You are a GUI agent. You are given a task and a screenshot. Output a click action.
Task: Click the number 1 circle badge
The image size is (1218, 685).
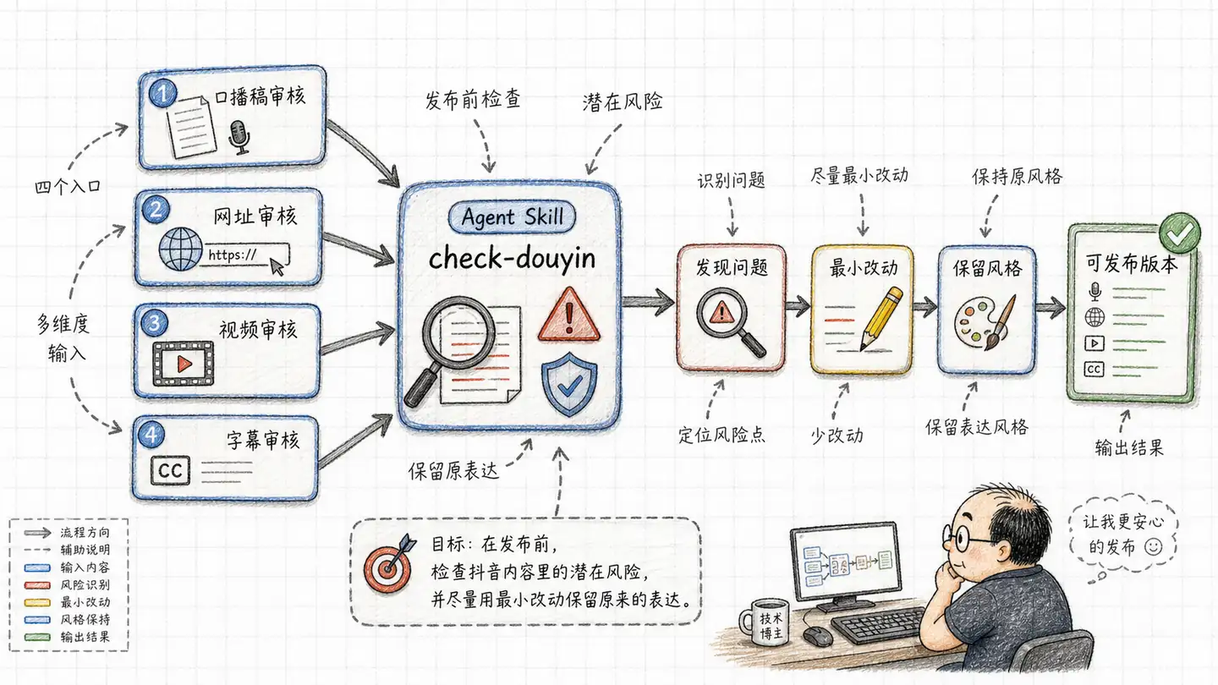coord(162,93)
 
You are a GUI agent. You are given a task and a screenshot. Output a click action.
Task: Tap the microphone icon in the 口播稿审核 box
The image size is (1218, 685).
coord(239,138)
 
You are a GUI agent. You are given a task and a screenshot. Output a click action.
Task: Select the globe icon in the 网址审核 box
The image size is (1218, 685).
coord(180,249)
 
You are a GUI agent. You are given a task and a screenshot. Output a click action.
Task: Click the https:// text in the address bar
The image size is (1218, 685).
coord(232,255)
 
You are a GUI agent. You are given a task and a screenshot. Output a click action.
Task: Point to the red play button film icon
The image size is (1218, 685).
coord(184,363)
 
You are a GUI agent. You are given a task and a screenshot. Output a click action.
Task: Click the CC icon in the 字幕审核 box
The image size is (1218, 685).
coord(170,470)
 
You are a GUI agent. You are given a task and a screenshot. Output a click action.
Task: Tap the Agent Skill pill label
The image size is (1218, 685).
coord(512,216)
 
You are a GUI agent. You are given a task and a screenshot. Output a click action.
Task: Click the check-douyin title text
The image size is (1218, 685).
coord(512,259)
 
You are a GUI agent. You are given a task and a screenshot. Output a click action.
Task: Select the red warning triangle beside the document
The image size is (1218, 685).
coord(568,315)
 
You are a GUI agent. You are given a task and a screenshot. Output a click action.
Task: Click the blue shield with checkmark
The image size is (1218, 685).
coord(569,383)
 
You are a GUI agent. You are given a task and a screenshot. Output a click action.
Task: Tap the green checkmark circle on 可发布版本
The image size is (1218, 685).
coord(1179,233)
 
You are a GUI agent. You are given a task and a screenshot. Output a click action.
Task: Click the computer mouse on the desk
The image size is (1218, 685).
coord(818,636)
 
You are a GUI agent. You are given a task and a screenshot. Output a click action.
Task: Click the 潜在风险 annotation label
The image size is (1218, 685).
coord(623,101)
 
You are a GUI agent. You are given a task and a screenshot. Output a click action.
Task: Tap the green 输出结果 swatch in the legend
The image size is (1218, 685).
coord(37,637)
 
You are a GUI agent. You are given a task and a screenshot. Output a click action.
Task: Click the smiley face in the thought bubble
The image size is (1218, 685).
coord(1153,546)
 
